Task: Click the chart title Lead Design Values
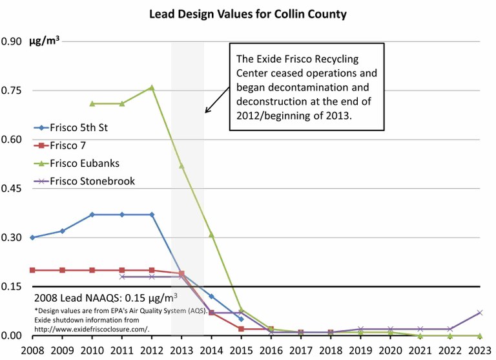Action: tap(247, 13)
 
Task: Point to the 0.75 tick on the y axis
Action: tap(12, 90)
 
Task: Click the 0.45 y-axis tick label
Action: tap(12, 189)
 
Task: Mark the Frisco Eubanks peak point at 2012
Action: tap(152, 87)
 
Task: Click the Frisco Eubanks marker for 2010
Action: tap(92, 103)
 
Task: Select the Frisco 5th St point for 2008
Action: tap(32, 237)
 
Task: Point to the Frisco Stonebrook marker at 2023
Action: tap(479, 312)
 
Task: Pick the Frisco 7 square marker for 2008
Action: tap(32, 270)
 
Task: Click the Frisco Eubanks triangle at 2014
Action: tap(211, 235)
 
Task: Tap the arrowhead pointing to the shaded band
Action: tap(207, 112)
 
